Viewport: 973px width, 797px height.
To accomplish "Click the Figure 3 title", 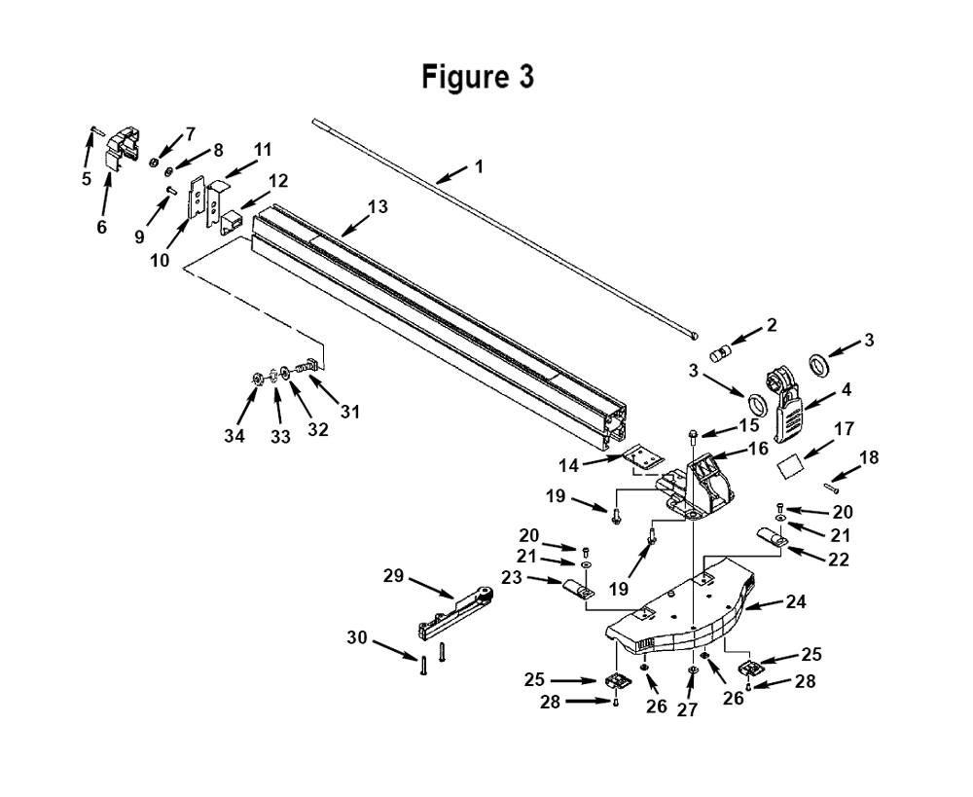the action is pyautogui.click(x=478, y=77).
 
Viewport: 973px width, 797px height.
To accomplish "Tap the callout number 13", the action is pyautogui.click(x=378, y=206).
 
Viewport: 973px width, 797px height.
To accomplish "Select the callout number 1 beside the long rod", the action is pyautogui.click(x=478, y=166).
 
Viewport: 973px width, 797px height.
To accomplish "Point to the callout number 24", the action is pyautogui.click(x=796, y=601).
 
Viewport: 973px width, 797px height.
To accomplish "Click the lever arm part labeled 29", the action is pyautogui.click(x=456, y=613).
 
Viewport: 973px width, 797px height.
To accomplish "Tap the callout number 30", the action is pyautogui.click(x=357, y=637).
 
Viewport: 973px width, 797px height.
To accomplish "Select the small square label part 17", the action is pyautogui.click(x=790, y=466).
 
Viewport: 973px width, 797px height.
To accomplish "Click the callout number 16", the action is pyautogui.click(x=758, y=449).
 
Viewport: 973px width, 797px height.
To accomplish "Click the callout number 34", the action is pyautogui.click(x=234, y=436).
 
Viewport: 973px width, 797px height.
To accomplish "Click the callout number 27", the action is pyautogui.click(x=688, y=709).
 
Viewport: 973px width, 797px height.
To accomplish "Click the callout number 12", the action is pyautogui.click(x=278, y=181).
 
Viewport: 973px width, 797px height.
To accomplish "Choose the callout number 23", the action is pyautogui.click(x=512, y=577).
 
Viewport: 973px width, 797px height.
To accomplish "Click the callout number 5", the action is pyautogui.click(x=87, y=179).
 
